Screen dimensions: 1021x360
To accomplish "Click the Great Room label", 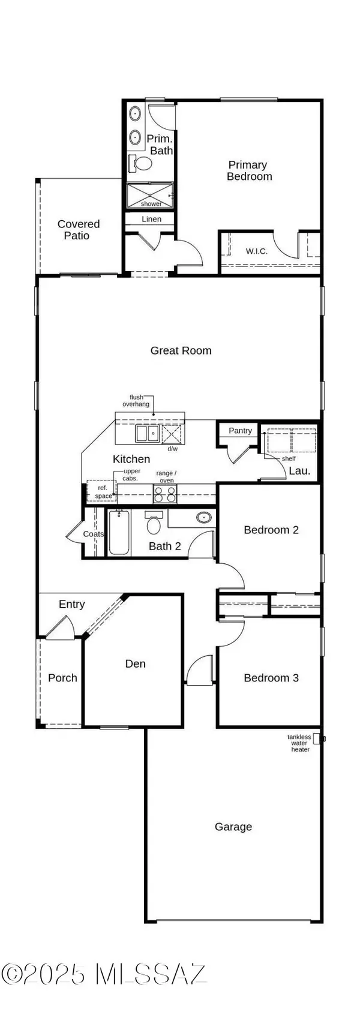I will [x=181, y=350].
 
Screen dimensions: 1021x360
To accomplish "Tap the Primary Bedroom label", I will [x=249, y=170].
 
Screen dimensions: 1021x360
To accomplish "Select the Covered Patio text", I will [x=78, y=230].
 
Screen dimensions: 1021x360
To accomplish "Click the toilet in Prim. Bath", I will [x=142, y=163].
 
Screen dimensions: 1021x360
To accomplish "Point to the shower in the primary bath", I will [x=150, y=196].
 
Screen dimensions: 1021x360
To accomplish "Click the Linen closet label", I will [x=151, y=219].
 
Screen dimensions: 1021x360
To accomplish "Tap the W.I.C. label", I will [x=257, y=251].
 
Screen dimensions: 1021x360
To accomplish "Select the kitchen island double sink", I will [x=147, y=433].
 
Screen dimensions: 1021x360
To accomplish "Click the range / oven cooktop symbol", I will [x=166, y=494].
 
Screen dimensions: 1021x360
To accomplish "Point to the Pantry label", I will [x=240, y=431].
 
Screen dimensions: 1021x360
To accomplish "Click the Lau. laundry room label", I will [x=299, y=471].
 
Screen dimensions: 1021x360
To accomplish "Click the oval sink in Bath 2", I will [x=205, y=517].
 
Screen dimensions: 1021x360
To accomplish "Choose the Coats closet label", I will [x=93, y=534].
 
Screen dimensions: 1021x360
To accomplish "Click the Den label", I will [x=135, y=663].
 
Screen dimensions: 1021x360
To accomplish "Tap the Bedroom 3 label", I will [x=271, y=678].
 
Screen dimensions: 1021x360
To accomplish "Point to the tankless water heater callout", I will [x=299, y=743].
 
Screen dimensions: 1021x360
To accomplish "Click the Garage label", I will [x=233, y=827].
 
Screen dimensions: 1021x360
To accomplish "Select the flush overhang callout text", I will [x=135, y=401].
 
